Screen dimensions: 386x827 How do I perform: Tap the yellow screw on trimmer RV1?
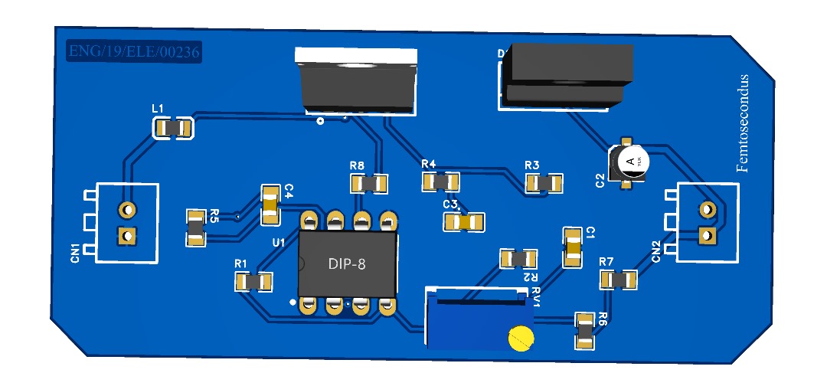[x=521, y=337]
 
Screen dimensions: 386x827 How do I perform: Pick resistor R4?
[x=440, y=182]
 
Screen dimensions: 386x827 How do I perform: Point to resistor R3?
[x=544, y=183]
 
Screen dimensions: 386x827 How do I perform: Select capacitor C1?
[x=573, y=247]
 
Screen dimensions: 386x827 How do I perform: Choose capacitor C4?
[x=271, y=205]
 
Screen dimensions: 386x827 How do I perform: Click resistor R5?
[x=197, y=229]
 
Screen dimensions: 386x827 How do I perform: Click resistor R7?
[x=619, y=280]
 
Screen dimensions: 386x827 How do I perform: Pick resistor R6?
[x=584, y=331]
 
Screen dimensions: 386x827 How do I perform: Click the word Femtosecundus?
[x=742, y=123]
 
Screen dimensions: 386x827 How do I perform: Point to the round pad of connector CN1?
[x=126, y=209]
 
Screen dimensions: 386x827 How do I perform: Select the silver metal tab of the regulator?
[x=357, y=55]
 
